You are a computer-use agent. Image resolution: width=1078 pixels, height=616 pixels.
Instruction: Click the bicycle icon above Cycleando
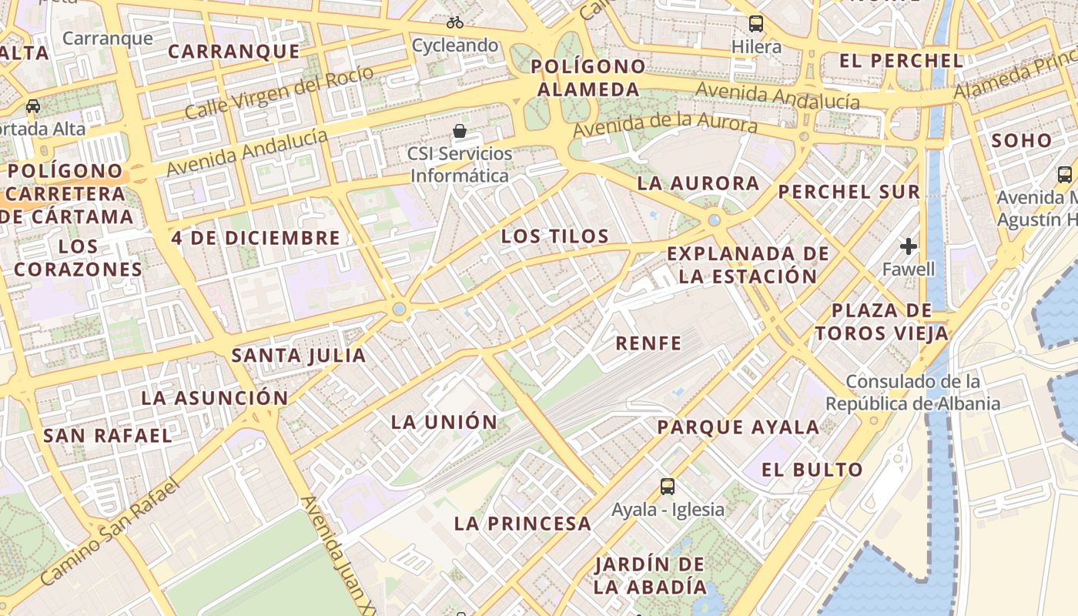click(x=455, y=22)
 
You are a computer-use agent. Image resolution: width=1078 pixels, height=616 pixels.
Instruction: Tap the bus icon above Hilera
click(x=756, y=24)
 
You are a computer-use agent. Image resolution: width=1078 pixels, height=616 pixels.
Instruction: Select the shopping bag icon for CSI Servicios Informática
click(x=460, y=131)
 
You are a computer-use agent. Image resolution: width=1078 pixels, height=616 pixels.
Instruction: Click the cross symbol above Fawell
click(x=909, y=246)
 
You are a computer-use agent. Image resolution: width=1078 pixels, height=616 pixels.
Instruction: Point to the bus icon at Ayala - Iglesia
click(x=668, y=487)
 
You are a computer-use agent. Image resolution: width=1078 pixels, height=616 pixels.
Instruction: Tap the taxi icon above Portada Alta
click(x=33, y=105)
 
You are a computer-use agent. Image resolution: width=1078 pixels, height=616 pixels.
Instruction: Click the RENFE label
click(x=648, y=343)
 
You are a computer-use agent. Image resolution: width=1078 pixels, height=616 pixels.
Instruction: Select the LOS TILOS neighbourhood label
click(x=554, y=236)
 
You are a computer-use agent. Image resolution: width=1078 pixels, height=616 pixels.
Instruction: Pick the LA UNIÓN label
click(x=444, y=422)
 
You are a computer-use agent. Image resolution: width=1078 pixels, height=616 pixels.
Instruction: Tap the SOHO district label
click(x=1021, y=141)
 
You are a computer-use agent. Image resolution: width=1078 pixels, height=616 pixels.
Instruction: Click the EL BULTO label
click(x=812, y=470)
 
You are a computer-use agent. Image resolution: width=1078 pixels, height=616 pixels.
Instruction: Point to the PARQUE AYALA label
click(x=738, y=427)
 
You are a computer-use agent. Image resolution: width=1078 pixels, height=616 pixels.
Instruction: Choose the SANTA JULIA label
click(x=299, y=356)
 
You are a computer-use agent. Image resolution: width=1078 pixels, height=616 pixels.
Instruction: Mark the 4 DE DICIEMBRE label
click(x=256, y=238)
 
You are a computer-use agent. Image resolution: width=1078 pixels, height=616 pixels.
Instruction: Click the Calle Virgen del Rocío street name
click(x=280, y=93)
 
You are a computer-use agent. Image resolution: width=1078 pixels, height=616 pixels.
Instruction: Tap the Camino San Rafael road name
click(x=109, y=532)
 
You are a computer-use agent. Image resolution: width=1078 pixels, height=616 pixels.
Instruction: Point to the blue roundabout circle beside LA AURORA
click(x=715, y=220)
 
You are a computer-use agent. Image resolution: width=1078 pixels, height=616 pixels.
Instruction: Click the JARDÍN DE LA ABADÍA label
click(x=650, y=575)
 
